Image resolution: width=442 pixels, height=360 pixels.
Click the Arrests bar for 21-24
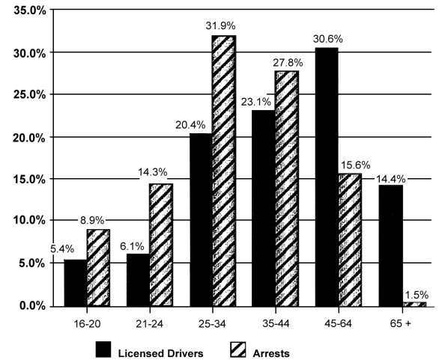click(x=161, y=245)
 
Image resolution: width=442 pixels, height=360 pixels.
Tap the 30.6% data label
click(x=324, y=38)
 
